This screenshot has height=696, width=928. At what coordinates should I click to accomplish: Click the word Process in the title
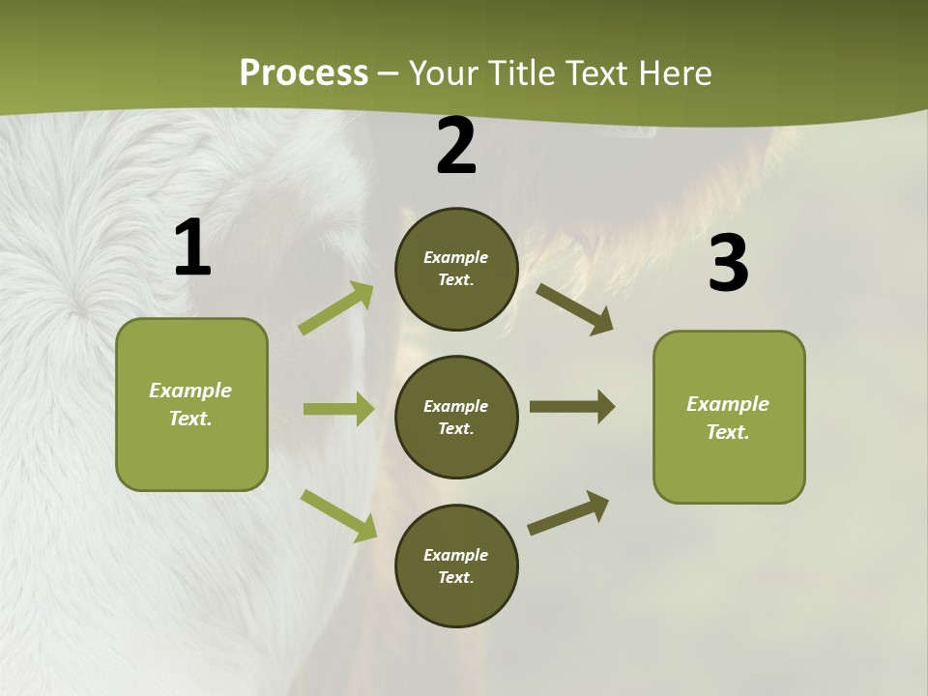click(x=304, y=73)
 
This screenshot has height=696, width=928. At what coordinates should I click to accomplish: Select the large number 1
click(x=192, y=248)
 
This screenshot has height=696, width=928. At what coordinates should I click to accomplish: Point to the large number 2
click(x=456, y=147)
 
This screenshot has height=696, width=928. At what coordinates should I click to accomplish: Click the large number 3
click(x=728, y=264)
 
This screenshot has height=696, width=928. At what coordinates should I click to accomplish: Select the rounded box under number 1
click(x=191, y=404)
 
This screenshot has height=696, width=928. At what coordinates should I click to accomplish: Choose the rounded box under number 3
click(x=729, y=417)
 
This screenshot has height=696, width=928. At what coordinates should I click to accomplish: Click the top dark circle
click(x=456, y=269)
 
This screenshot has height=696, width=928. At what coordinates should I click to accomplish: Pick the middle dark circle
click(x=456, y=417)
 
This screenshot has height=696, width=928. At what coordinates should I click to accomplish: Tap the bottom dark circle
click(x=456, y=565)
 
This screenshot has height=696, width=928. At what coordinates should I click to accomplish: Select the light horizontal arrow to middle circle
click(x=338, y=409)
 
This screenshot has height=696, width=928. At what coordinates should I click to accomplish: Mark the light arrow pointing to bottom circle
click(x=339, y=515)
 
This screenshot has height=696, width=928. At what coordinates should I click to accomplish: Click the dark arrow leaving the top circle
click(x=574, y=308)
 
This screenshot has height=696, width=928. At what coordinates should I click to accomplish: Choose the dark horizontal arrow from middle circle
click(x=571, y=406)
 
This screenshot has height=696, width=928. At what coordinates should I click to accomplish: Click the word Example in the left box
click(x=190, y=391)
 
